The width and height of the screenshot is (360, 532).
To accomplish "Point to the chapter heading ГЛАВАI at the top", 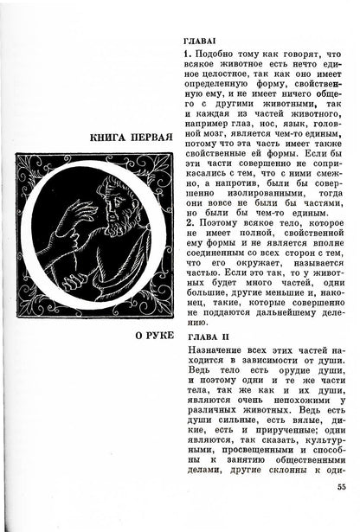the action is tap(202, 41).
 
